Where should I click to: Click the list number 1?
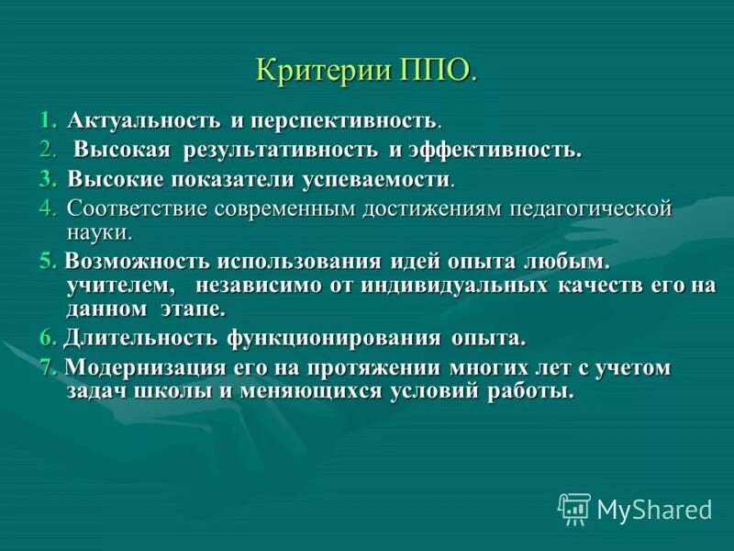click(x=47, y=120)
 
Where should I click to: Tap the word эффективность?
click(x=493, y=149)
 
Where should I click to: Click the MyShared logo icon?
click(x=574, y=508)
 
